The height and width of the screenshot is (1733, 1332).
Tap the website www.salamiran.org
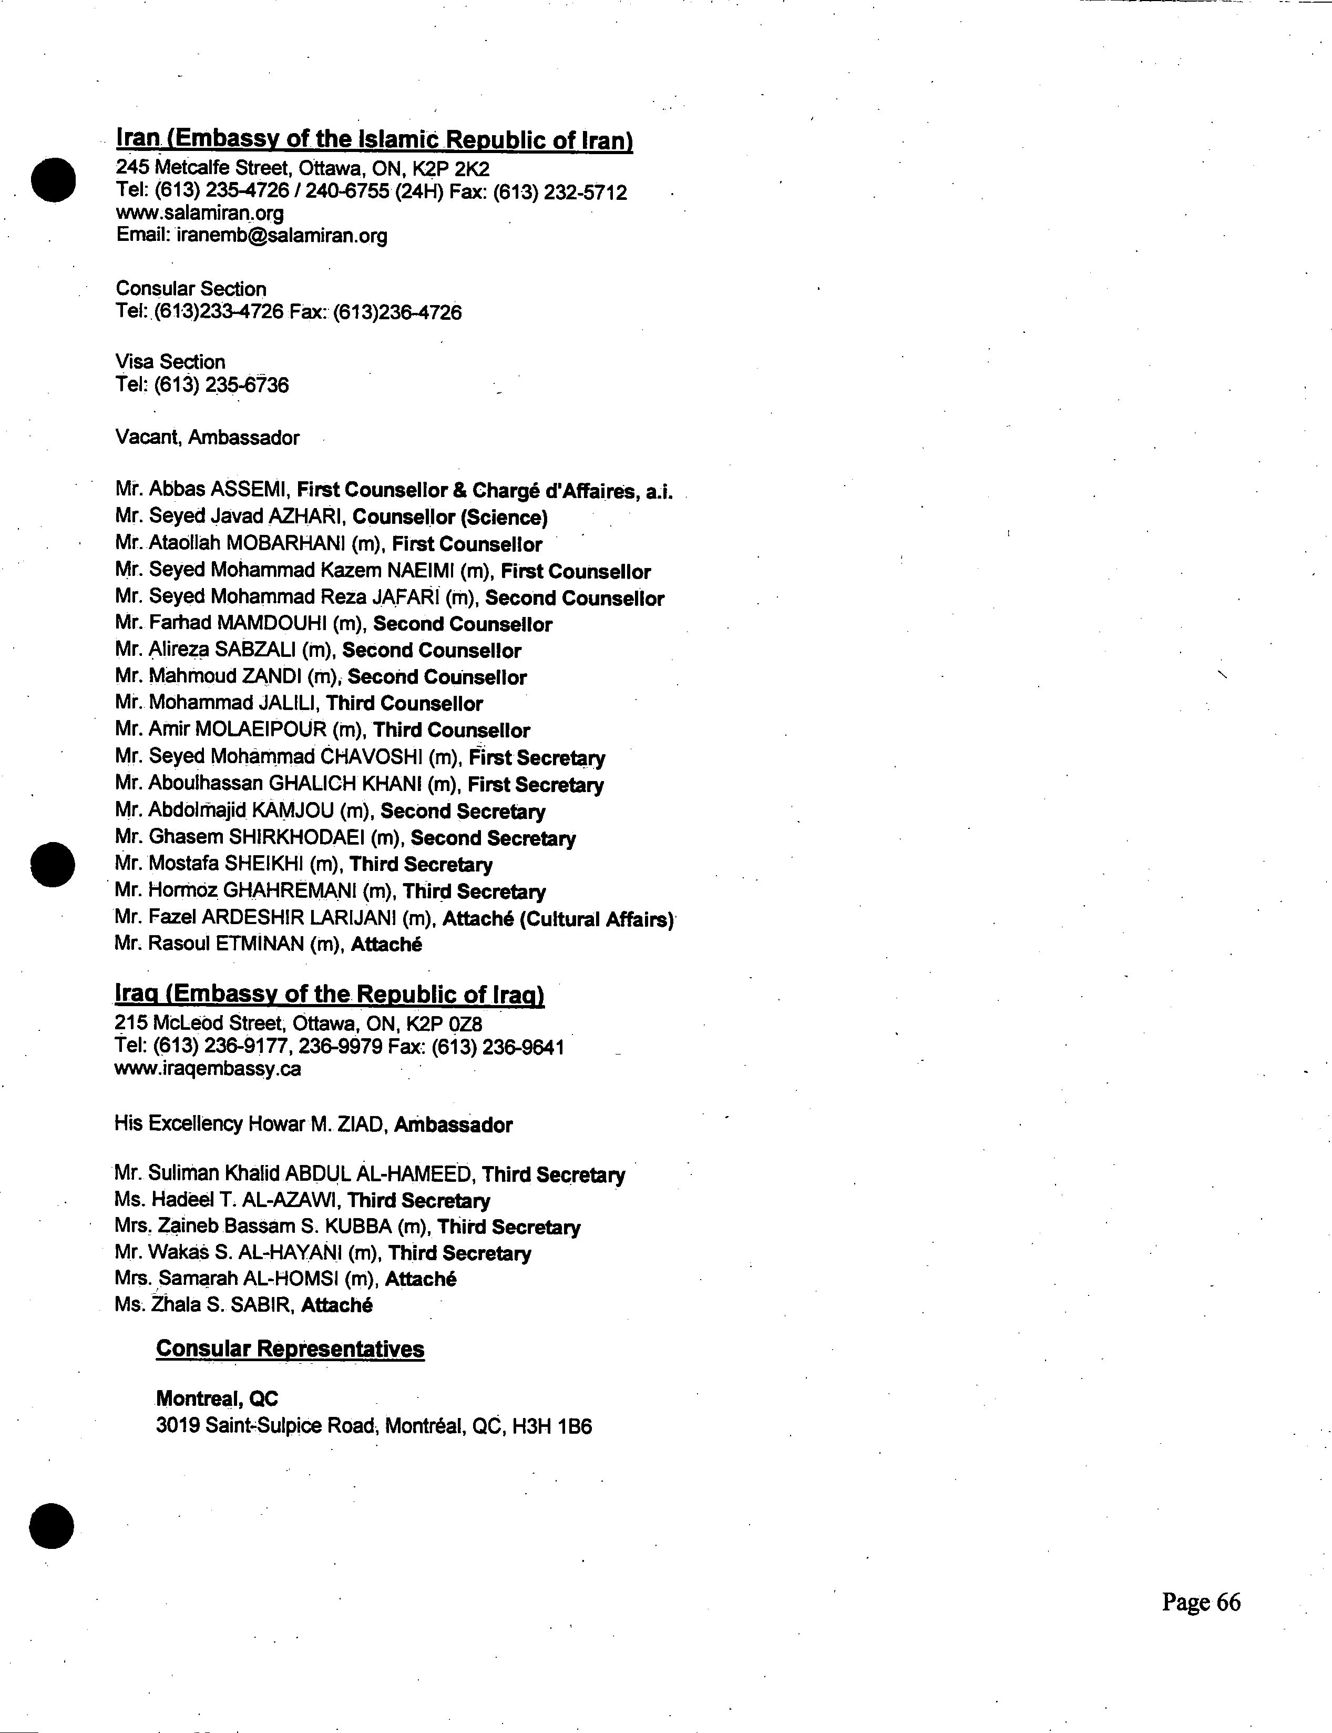pyautogui.click(x=200, y=214)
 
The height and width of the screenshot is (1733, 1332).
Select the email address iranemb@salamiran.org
pyautogui.click(x=280, y=236)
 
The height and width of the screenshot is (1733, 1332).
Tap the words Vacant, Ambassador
pyautogui.click(x=208, y=438)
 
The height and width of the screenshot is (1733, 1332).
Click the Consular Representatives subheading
pyautogui.click(x=290, y=1349)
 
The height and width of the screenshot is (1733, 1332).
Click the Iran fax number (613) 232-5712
pyautogui.click(x=560, y=192)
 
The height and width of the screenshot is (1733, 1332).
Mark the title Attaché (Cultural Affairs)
pyautogui.click(x=557, y=919)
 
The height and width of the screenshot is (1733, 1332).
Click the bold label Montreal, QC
pyautogui.click(x=217, y=1398)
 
